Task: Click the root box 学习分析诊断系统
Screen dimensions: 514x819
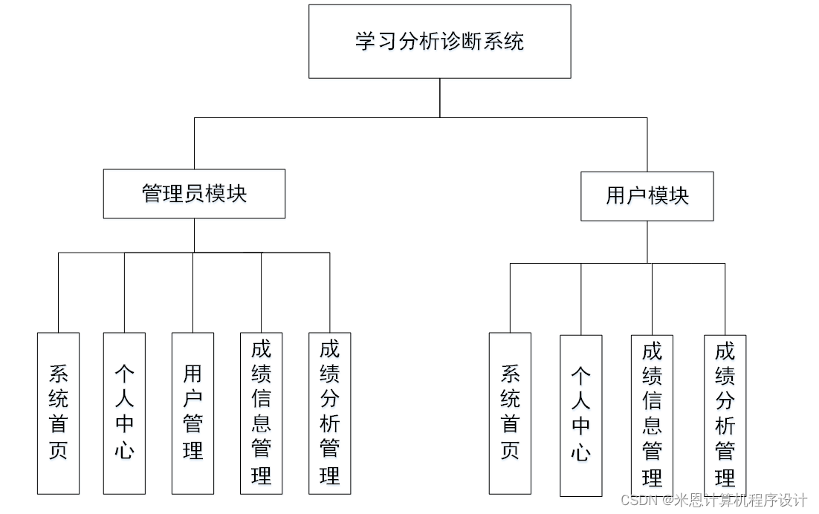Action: (439, 42)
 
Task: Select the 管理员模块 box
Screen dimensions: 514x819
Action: (194, 194)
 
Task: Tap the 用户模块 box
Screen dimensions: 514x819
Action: (647, 196)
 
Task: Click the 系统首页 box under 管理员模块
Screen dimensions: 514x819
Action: (58, 413)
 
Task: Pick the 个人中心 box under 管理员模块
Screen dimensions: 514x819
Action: (124, 413)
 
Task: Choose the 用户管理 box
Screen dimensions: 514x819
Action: (192, 413)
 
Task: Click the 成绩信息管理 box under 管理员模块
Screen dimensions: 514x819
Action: (261, 413)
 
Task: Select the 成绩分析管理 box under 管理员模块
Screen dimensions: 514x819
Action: (329, 413)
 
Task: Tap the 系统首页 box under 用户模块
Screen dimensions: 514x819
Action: (510, 413)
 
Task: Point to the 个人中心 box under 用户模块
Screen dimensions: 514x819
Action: (580, 415)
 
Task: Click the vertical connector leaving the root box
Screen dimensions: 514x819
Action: (439, 97)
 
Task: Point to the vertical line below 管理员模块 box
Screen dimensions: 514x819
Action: (194, 235)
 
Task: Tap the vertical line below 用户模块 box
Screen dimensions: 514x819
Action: (647, 242)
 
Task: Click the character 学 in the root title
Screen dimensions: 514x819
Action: (365, 42)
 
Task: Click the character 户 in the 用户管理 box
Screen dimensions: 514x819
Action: (192, 399)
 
